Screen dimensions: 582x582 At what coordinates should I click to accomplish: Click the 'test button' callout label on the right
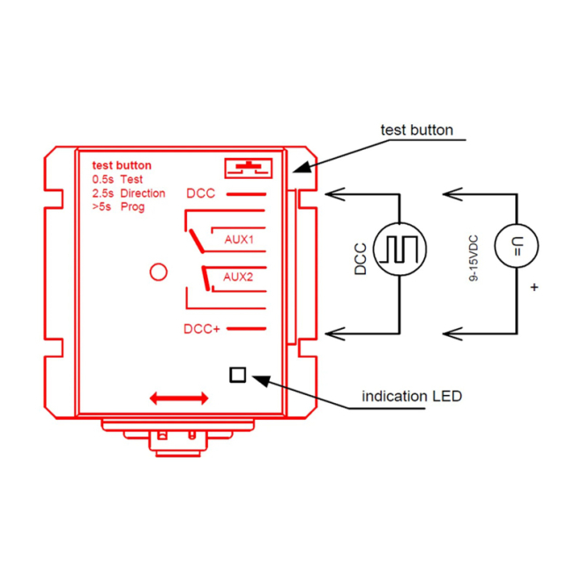click(416, 131)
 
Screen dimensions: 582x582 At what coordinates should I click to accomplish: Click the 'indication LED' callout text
click(411, 397)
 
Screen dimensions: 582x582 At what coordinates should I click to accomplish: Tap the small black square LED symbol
click(237, 375)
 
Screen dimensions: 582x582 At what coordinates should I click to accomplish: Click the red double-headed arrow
click(180, 399)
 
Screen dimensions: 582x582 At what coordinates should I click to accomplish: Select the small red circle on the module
click(159, 272)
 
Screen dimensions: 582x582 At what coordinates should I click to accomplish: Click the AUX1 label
click(239, 239)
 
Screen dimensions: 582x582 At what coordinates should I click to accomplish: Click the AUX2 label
click(238, 276)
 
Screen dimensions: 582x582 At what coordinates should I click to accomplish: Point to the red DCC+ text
click(201, 329)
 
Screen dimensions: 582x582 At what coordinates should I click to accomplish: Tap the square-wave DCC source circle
click(399, 250)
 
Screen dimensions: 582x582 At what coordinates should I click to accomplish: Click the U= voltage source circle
click(514, 249)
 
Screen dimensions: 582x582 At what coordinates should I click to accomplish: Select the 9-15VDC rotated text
click(474, 257)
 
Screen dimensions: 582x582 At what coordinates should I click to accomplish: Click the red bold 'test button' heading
click(122, 165)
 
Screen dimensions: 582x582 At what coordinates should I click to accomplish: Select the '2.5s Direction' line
click(129, 193)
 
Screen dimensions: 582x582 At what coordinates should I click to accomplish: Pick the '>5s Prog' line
click(118, 206)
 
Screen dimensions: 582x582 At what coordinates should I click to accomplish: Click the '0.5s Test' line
click(117, 179)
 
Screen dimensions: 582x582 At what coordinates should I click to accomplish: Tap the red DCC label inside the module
click(201, 193)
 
